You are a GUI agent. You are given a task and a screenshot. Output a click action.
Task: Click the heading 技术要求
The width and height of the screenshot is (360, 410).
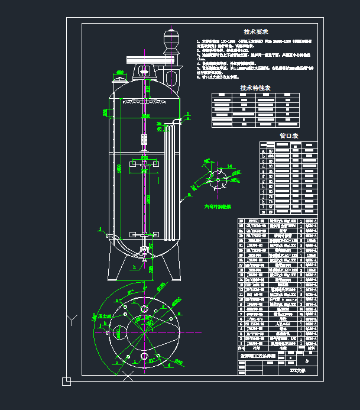[x=256, y=31]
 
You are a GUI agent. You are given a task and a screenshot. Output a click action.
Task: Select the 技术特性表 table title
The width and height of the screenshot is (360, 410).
[x=255, y=88]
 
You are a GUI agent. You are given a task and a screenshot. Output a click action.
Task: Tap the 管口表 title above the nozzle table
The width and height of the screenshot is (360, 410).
[x=289, y=135]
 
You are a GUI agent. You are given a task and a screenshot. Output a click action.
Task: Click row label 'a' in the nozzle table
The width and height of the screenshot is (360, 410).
[x=263, y=151]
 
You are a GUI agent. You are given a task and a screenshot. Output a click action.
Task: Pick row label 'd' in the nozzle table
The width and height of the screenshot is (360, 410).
[x=263, y=166]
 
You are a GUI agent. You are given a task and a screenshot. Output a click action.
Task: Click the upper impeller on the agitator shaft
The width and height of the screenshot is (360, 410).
[x=144, y=163]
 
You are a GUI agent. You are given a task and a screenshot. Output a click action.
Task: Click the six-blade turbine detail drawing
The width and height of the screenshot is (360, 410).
[x=218, y=177]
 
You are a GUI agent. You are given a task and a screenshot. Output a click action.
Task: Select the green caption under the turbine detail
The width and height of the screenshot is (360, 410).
[x=218, y=206]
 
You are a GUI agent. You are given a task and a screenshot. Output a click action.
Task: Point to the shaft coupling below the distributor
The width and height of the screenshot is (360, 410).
[x=144, y=140]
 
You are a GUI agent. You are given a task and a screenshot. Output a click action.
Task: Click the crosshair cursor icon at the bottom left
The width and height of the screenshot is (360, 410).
[x=66, y=381]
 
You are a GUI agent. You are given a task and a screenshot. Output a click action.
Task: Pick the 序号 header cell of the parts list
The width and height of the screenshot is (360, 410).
[x=241, y=349]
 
